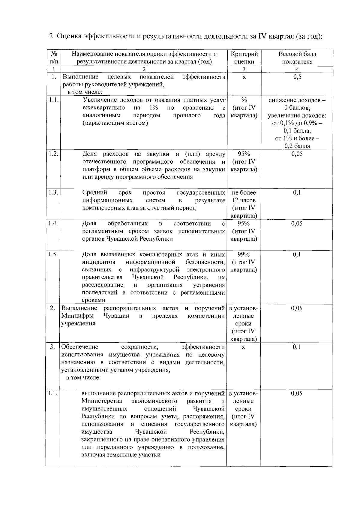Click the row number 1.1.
click(53, 100)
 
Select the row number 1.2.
click(53, 154)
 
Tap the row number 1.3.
click(53, 192)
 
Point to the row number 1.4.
click(53, 224)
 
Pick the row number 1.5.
click(53, 254)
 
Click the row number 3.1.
click(53, 393)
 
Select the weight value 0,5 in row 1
click(297, 77)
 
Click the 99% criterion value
click(244, 254)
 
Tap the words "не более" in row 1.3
click(244, 192)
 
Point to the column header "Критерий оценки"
click(244, 58)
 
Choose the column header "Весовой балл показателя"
click(297, 58)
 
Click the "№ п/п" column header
click(54, 58)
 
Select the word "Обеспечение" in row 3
click(80, 347)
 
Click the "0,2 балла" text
click(297, 146)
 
